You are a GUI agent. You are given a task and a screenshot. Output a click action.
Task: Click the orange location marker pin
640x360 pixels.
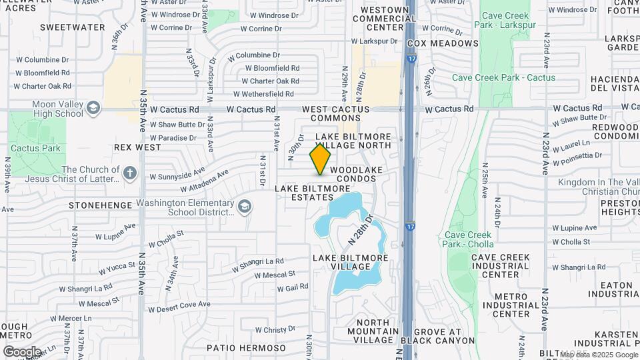[x=320, y=159]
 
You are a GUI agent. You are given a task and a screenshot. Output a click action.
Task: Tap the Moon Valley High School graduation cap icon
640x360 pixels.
[x=93, y=107]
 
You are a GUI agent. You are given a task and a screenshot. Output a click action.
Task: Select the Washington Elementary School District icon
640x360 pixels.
[x=245, y=206]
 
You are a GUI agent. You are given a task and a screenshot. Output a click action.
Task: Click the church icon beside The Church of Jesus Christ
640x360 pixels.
[x=131, y=174]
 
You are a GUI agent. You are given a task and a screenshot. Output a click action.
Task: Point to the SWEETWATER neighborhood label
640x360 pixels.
[x=72, y=27]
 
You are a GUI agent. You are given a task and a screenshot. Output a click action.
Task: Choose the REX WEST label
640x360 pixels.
[x=138, y=147]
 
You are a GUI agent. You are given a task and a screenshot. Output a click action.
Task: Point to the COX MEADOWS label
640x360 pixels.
[x=443, y=43]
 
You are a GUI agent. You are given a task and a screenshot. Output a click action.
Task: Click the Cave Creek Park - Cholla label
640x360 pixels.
[x=469, y=239]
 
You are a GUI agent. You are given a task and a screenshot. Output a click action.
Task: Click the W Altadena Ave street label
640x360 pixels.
[x=189, y=175]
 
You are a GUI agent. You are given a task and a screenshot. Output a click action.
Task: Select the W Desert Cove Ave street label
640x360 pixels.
[x=179, y=307]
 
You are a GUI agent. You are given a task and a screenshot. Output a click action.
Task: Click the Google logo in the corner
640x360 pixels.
[x=22, y=351]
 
